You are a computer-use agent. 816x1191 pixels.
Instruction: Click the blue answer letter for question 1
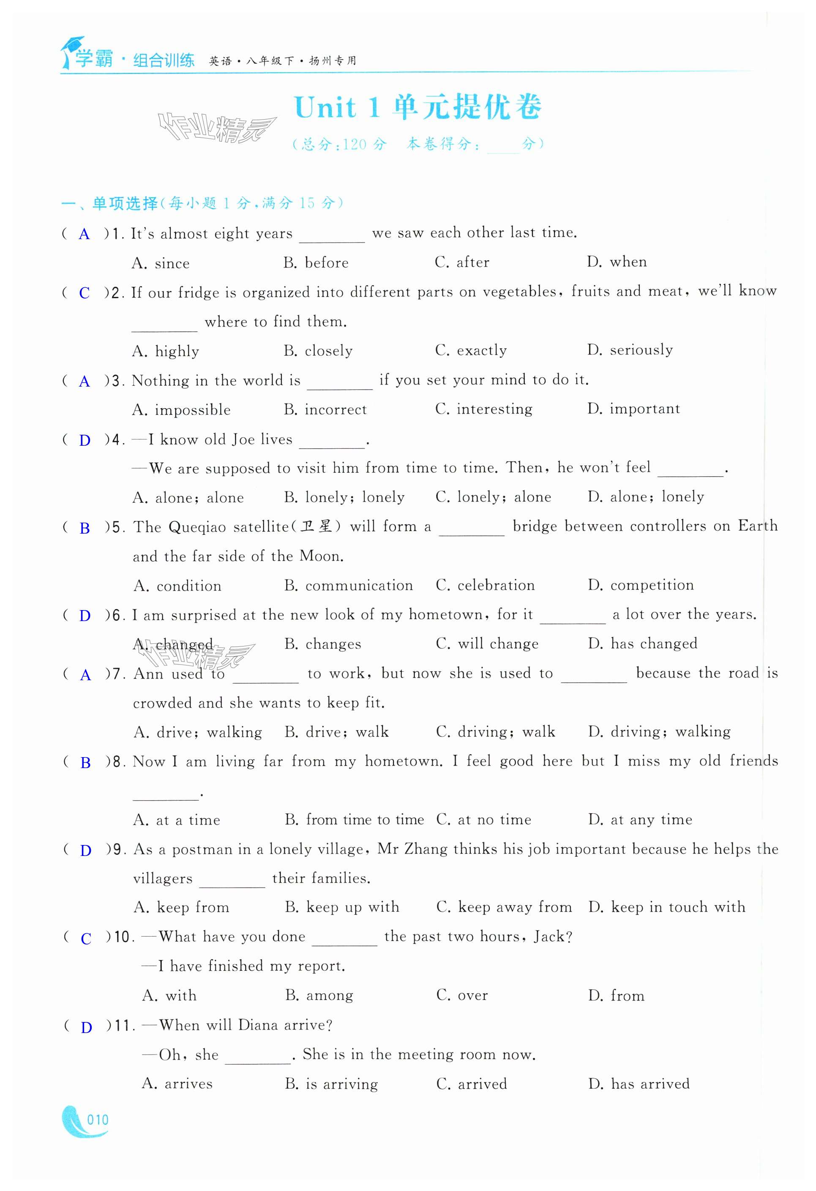[x=84, y=235]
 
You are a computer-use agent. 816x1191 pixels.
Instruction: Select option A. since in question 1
[x=161, y=263]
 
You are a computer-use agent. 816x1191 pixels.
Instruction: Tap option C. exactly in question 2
[x=470, y=351]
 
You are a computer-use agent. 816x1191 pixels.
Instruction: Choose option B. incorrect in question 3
[x=325, y=409]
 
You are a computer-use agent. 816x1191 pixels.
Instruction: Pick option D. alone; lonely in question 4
[x=645, y=496]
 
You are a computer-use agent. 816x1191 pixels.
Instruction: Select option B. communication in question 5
[x=348, y=585]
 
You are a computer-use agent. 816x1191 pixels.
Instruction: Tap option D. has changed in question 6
[x=642, y=644]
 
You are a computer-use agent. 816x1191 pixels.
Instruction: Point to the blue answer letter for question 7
[x=86, y=676]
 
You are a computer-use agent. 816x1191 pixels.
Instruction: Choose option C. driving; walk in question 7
[x=495, y=732]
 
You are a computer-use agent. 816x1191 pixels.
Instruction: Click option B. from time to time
[x=354, y=820]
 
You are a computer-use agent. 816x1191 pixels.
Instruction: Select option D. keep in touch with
[x=666, y=908]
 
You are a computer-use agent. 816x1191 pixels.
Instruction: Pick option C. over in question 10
[x=462, y=996]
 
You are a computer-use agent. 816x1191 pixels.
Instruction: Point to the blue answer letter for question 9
[x=86, y=851]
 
